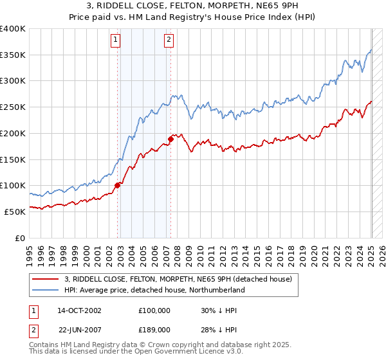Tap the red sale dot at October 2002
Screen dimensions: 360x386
118,185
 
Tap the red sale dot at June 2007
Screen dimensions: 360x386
170,139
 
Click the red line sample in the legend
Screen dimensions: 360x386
46,279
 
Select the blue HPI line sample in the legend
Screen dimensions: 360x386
46,290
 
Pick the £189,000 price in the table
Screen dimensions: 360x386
154,329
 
